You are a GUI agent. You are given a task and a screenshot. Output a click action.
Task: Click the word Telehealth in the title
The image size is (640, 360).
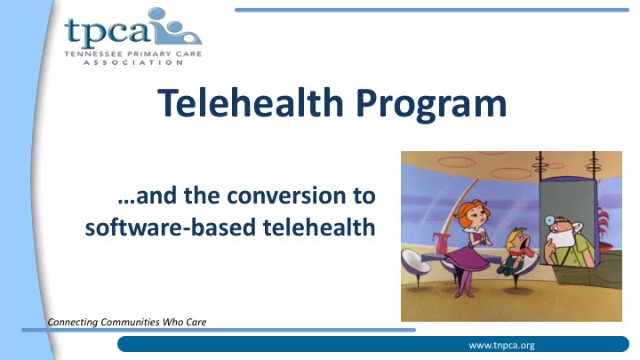[x=250, y=102]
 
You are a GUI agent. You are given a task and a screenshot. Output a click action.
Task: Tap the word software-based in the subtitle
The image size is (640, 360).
[x=171, y=227]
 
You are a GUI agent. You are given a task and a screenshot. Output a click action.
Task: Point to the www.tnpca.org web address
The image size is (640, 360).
[x=501, y=345]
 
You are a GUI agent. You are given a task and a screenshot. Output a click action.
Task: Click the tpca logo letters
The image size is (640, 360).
[x=107, y=33]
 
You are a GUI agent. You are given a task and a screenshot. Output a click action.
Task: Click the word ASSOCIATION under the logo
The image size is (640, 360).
[x=133, y=62]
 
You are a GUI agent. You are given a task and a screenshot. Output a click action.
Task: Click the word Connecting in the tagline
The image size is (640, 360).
[x=73, y=322]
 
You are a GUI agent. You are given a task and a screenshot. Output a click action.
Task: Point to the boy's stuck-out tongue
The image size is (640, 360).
[x=529, y=253]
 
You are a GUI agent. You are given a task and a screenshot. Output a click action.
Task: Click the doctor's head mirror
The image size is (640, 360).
[x=550, y=220]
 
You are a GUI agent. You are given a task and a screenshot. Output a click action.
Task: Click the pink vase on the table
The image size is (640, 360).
[x=442, y=244]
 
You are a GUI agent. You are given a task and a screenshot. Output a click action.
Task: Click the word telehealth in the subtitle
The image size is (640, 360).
[x=319, y=227]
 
